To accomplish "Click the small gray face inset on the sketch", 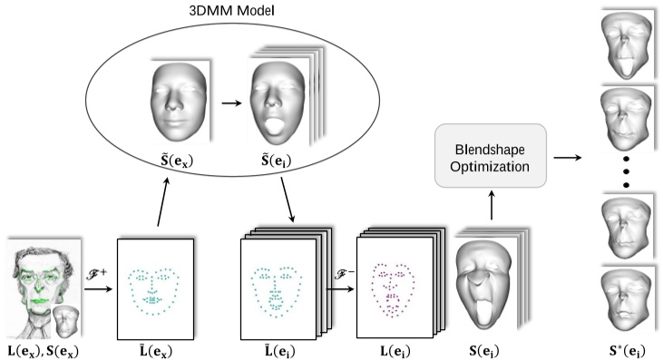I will [67, 319].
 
